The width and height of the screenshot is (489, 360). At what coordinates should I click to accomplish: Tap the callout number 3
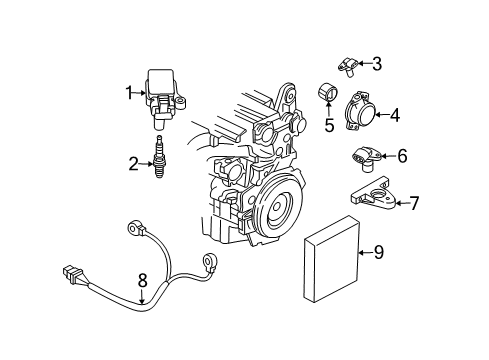coord(376,64)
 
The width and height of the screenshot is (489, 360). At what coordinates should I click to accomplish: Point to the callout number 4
coord(394,115)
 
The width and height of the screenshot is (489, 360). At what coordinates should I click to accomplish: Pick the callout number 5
coord(326,126)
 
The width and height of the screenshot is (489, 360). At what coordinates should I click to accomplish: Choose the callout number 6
coord(402,156)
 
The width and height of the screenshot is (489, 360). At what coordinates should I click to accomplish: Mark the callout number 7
coord(413,203)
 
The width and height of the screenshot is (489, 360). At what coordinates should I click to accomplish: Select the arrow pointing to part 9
coord(359,252)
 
